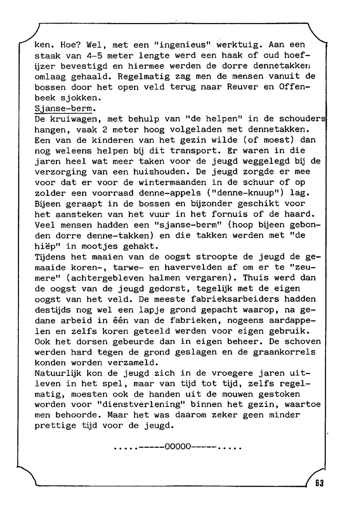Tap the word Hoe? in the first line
tap(71, 45)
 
